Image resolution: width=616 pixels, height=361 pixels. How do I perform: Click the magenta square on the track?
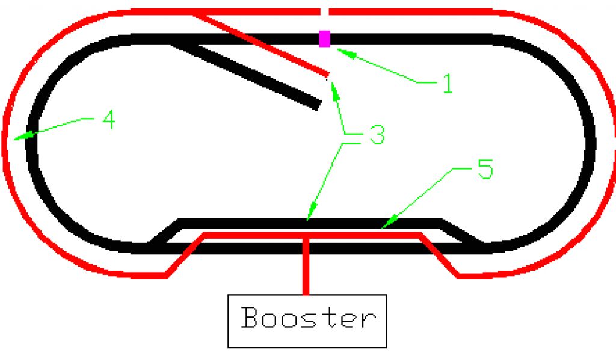tap(325, 39)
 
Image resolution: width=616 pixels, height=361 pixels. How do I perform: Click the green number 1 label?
tap(446, 84)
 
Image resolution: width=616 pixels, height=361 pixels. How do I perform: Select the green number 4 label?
tap(108, 121)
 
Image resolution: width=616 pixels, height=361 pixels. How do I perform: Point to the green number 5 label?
tap(485, 170)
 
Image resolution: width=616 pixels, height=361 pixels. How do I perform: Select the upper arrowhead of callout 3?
tap(331, 85)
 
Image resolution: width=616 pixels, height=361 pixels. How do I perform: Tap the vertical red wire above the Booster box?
tap(307, 265)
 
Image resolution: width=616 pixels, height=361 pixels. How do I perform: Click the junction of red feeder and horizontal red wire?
tap(307, 235)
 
